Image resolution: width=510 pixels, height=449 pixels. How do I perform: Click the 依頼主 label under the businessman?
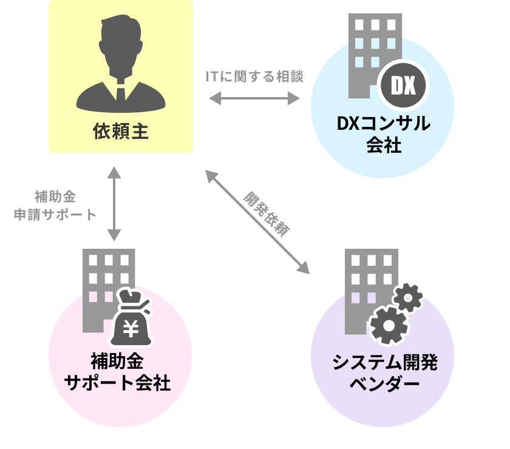click(121, 131)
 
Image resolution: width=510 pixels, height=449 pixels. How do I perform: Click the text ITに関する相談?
click(254, 77)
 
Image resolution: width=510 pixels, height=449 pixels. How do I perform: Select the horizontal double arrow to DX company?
click(254, 98)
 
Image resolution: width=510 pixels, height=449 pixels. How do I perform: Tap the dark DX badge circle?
click(403, 86)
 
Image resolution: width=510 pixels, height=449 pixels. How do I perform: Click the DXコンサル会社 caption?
click(383, 134)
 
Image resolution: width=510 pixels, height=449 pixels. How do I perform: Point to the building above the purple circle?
click(362, 285)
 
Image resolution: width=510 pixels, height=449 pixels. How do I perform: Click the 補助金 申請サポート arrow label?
click(55, 206)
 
